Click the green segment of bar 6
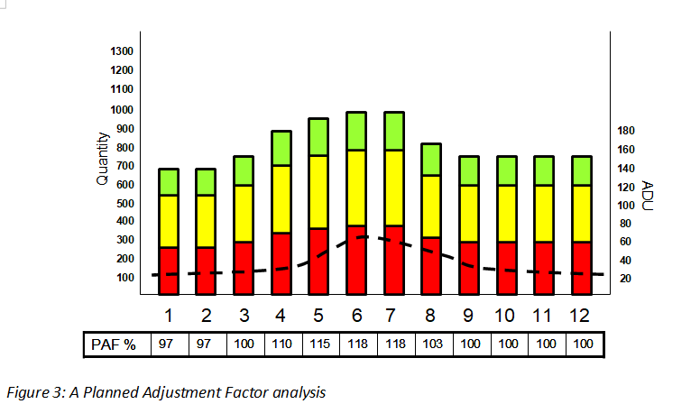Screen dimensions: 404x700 click(x=357, y=131)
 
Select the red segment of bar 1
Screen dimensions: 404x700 click(x=169, y=271)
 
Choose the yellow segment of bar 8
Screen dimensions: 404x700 click(x=431, y=206)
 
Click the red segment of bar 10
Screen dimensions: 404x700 click(x=507, y=268)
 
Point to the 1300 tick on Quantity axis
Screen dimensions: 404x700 click(x=121, y=51)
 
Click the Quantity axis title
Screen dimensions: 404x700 click(x=102, y=159)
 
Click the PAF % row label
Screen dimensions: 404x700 click(x=117, y=345)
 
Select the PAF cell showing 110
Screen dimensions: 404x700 click(x=281, y=345)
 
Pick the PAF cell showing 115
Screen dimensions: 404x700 click(x=319, y=345)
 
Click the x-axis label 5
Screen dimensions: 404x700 click(x=319, y=316)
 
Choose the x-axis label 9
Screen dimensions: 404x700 click(x=469, y=316)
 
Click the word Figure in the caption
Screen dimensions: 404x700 click(x=29, y=391)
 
